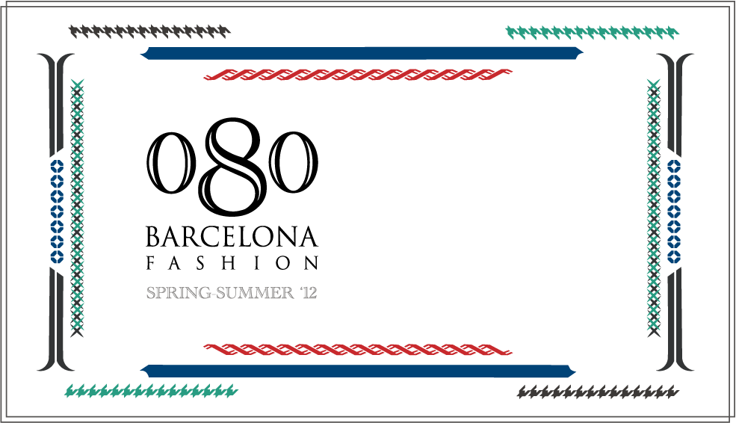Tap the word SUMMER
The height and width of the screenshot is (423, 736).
pos(253,293)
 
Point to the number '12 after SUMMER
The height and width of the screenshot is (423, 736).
pos(308,293)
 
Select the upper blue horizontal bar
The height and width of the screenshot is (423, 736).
pos(362,53)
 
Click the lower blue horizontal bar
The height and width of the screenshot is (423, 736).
pos(359,371)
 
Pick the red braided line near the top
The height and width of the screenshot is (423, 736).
pos(358,75)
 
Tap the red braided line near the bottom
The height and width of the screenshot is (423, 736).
pos(358,350)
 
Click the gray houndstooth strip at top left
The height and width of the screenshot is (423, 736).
pos(150,31)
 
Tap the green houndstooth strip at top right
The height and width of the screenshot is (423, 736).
pos(593,32)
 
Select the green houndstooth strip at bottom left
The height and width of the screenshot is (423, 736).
pos(151,390)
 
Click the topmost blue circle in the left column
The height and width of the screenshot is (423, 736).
pos(57,166)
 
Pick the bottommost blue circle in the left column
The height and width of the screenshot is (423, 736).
pos(57,256)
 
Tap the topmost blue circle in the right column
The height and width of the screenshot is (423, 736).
pos(674,166)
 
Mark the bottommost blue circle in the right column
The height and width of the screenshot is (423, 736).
pos(674,256)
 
